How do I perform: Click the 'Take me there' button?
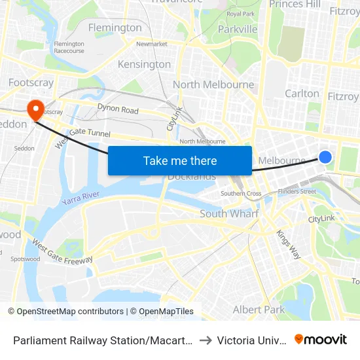tap(180, 161)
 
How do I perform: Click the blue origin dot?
tap(325, 156)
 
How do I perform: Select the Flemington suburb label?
tap(115, 27)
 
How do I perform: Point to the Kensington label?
tap(144, 64)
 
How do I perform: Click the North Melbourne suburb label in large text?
tap(213, 84)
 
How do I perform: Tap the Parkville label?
tap(238, 29)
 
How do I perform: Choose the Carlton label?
tap(302, 94)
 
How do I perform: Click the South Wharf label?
tap(229, 214)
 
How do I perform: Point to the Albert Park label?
tap(259, 310)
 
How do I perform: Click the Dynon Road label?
tap(118, 109)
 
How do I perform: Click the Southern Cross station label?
tap(241, 194)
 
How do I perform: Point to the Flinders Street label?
tap(297, 192)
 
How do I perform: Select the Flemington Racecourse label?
tap(69, 47)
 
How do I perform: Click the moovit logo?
tap(321, 339)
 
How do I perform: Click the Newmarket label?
tap(152, 44)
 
